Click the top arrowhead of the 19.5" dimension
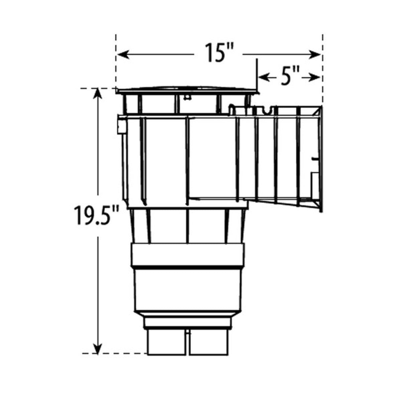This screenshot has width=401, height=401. pyautogui.click(x=98, y=94)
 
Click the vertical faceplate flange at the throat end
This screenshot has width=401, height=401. pyautogui.click(x=320, y=159)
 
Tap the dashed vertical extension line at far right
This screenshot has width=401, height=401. pyautogui.click(x=322, y=67)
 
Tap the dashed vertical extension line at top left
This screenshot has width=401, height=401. pyautogui.click(x=116, y=60)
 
